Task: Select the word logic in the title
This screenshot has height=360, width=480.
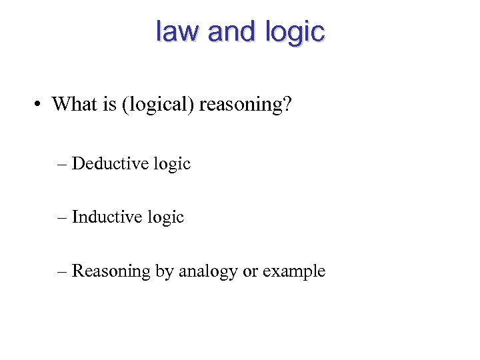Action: point(294,33)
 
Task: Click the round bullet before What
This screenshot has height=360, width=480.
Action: point(41,105)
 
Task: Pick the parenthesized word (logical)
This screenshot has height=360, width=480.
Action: point(156,105)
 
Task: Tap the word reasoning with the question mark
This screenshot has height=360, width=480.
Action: point(246,105)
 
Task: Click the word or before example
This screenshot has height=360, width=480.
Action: point(251,272)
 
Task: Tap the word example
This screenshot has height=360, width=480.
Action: point(294,272)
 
